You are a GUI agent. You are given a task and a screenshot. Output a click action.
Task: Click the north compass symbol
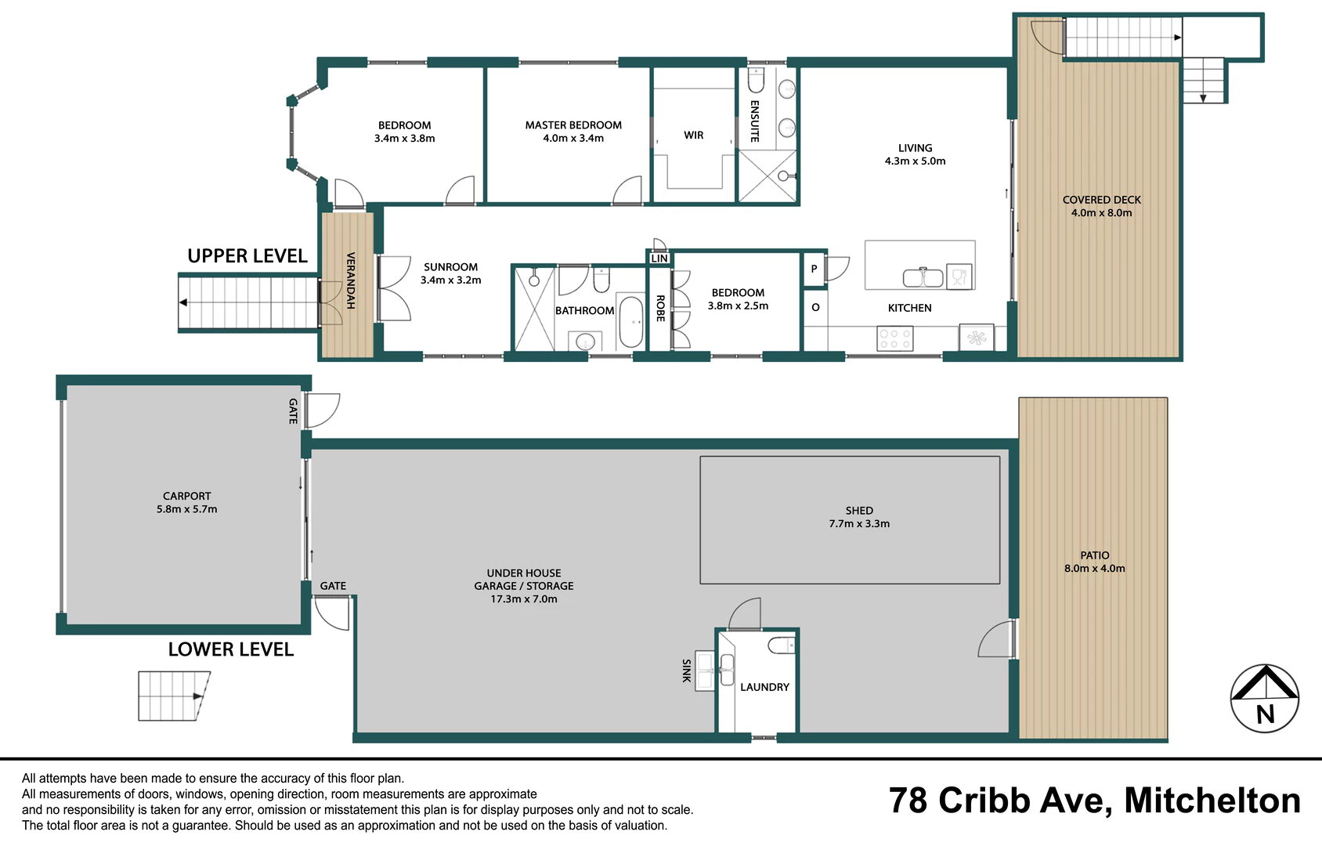pyautogui.click(x=1265, y=699)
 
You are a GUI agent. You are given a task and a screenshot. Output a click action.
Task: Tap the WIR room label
pyautogui.click(x=693, y=136)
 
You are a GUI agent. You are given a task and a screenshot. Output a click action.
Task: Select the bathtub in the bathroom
pyautogui.click(x=630, y=322)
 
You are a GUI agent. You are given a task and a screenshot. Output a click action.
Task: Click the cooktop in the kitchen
pyautogui.click(x=894, y=339)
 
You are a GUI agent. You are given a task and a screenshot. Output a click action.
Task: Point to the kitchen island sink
pyautogui.click(x=923, y=277)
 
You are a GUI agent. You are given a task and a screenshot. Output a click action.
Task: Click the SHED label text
pyautogui.click(x=858, y=511)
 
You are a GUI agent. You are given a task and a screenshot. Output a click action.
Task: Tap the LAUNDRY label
pyautogui.click(x=764, y=687)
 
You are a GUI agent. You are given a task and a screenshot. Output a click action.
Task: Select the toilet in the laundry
pyautogui.click(x=782, y=645)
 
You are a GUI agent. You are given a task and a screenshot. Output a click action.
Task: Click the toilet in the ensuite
pyautogui.click(x=756, y=80)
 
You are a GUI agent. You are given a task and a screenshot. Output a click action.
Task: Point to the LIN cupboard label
pyautogui.click(x=659, y=258)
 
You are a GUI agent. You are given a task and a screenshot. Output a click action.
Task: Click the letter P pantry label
pyautogui.click(x=814, y=269)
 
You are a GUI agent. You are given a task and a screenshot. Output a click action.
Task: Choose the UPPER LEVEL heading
pyautogui.click(x=247, y=256)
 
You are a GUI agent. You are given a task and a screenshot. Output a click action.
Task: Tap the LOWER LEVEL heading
pyautogui.click(x=231, y=649)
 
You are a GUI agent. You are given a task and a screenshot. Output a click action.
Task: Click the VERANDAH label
pyautogui.click(x=350, y=280)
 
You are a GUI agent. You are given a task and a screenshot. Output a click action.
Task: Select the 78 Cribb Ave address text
pyautogui.click(x=996, y=801)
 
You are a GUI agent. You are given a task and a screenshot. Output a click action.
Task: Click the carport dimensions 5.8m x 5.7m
pyautogui.click(x=186, y=509)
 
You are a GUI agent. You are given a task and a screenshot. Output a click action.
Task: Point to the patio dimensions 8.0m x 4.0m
pyautogui.click(x=1095, y=569)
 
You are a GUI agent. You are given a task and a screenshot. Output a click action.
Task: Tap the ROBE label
pyautogui.click(x=660, y=308)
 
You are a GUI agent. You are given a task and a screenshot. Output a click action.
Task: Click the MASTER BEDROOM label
pyautogui.click(x=573, y=125)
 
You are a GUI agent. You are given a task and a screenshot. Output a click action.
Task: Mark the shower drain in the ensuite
pyautogui.click(x=782, y=175)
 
